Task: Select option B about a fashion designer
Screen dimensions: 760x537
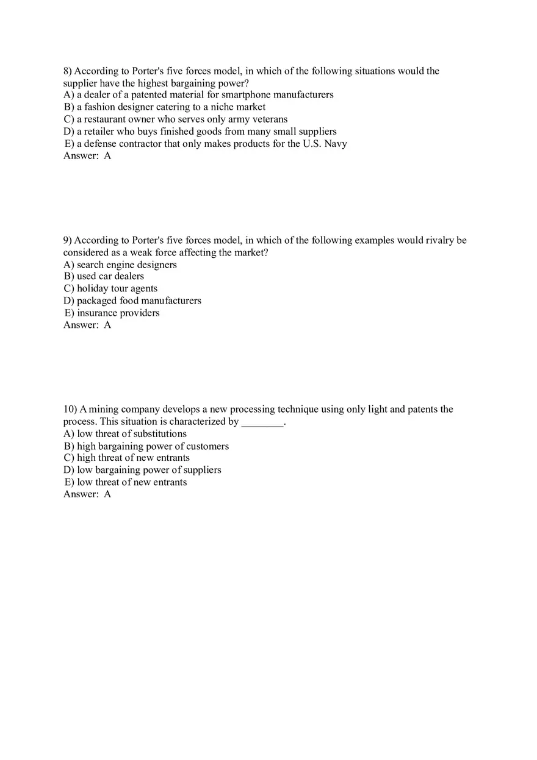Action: pos(165,107)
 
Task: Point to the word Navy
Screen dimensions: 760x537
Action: pos(335,144)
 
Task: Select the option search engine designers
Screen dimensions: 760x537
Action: pos(120,265)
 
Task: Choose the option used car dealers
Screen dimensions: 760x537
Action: pos(104,276)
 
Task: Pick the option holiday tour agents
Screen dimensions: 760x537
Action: pos(110,288)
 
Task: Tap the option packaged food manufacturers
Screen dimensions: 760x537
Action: pos(132,300)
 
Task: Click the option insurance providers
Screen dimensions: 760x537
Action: pos(112,313)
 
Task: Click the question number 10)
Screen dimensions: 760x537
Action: pos(70,409)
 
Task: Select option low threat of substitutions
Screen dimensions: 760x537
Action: pos(125,433)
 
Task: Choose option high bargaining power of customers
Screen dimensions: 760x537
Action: pos(146,446)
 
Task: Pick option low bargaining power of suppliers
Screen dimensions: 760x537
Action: pos(142,470)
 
